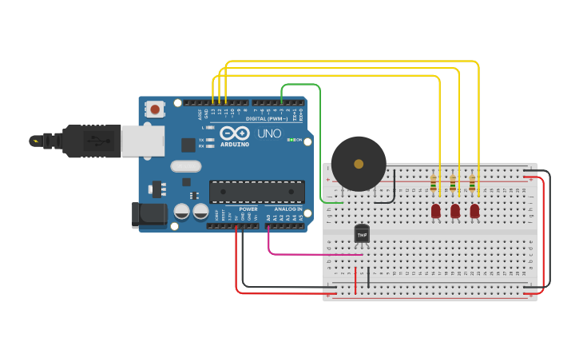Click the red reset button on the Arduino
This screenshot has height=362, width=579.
click(154, 106)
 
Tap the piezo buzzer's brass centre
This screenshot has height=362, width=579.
click(359, 164)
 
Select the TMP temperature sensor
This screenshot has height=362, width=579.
click(362, 233)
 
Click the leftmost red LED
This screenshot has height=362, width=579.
click(435, 211)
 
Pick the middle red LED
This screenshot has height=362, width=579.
click(455, 211)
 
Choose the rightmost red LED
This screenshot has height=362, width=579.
click(474, 211)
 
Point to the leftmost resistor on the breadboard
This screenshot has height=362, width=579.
click(434, 185)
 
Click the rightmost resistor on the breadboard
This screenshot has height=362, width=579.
click(472, 185)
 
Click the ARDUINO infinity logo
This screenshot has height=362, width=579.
click(235, 133)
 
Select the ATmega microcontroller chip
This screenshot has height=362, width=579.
click(256, 192)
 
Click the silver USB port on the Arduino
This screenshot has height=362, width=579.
click(142, 141)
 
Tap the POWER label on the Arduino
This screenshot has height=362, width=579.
click(248, 209)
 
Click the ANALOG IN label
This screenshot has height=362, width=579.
click(289, 209)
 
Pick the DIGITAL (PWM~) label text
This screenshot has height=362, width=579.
click(267, 119)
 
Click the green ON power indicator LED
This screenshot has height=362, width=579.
click(291, 140)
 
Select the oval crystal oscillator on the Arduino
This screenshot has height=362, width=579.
click(185, 166)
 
